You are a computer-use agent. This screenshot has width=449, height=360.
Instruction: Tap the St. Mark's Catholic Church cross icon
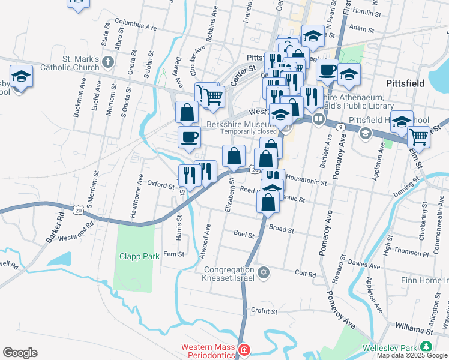point(107,62)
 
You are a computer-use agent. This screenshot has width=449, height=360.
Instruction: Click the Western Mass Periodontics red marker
point(244,349)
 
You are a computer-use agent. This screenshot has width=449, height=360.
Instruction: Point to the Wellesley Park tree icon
point(426,347)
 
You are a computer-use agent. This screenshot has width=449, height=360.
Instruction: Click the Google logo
point(20,353)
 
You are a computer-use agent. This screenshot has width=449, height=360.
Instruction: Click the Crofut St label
point(264,311)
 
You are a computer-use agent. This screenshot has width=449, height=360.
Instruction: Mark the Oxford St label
point(160,184)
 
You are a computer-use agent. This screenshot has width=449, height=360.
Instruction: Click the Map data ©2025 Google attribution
point(412,355)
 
